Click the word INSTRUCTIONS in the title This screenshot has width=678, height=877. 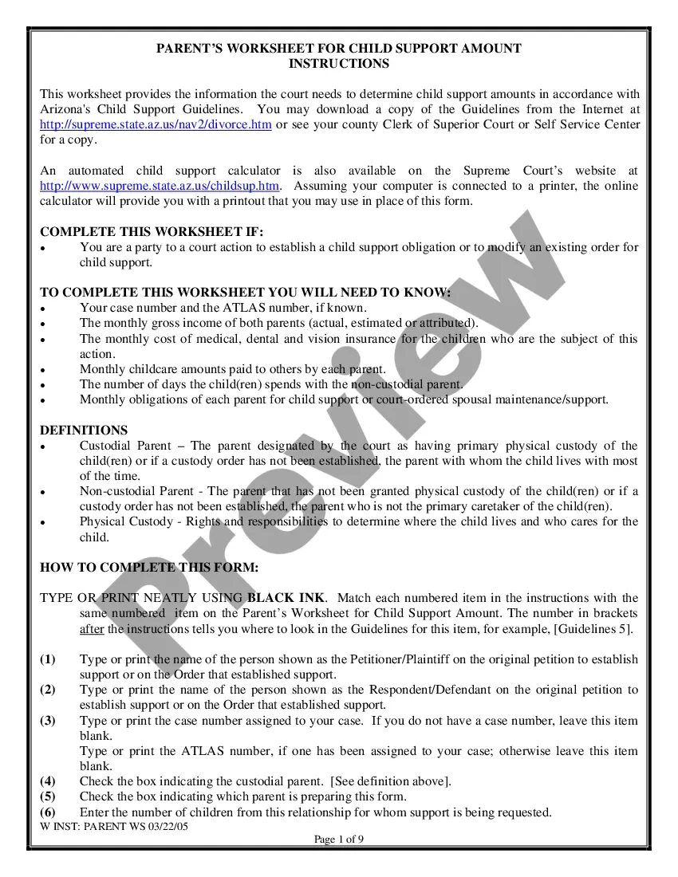tap(339, 64)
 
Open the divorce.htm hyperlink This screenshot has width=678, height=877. tap(156, 125)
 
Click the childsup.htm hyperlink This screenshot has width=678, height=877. tap(160, 186)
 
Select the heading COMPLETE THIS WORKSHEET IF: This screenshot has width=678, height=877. tap(152, 232)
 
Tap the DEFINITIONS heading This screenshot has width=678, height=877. tap(84, 430)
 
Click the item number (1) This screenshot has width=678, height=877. tap(48, 659)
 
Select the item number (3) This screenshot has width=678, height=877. tap(48, 721)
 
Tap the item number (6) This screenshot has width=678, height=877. tap(48, 812)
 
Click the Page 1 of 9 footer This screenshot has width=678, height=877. tap(339, 839)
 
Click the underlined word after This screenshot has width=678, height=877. tap(92, 629)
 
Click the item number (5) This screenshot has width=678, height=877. tap(48, 796)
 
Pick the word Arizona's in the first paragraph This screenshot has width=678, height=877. tap(65, 109)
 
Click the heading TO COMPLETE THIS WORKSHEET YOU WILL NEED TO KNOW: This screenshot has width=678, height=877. tap(245, 293)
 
